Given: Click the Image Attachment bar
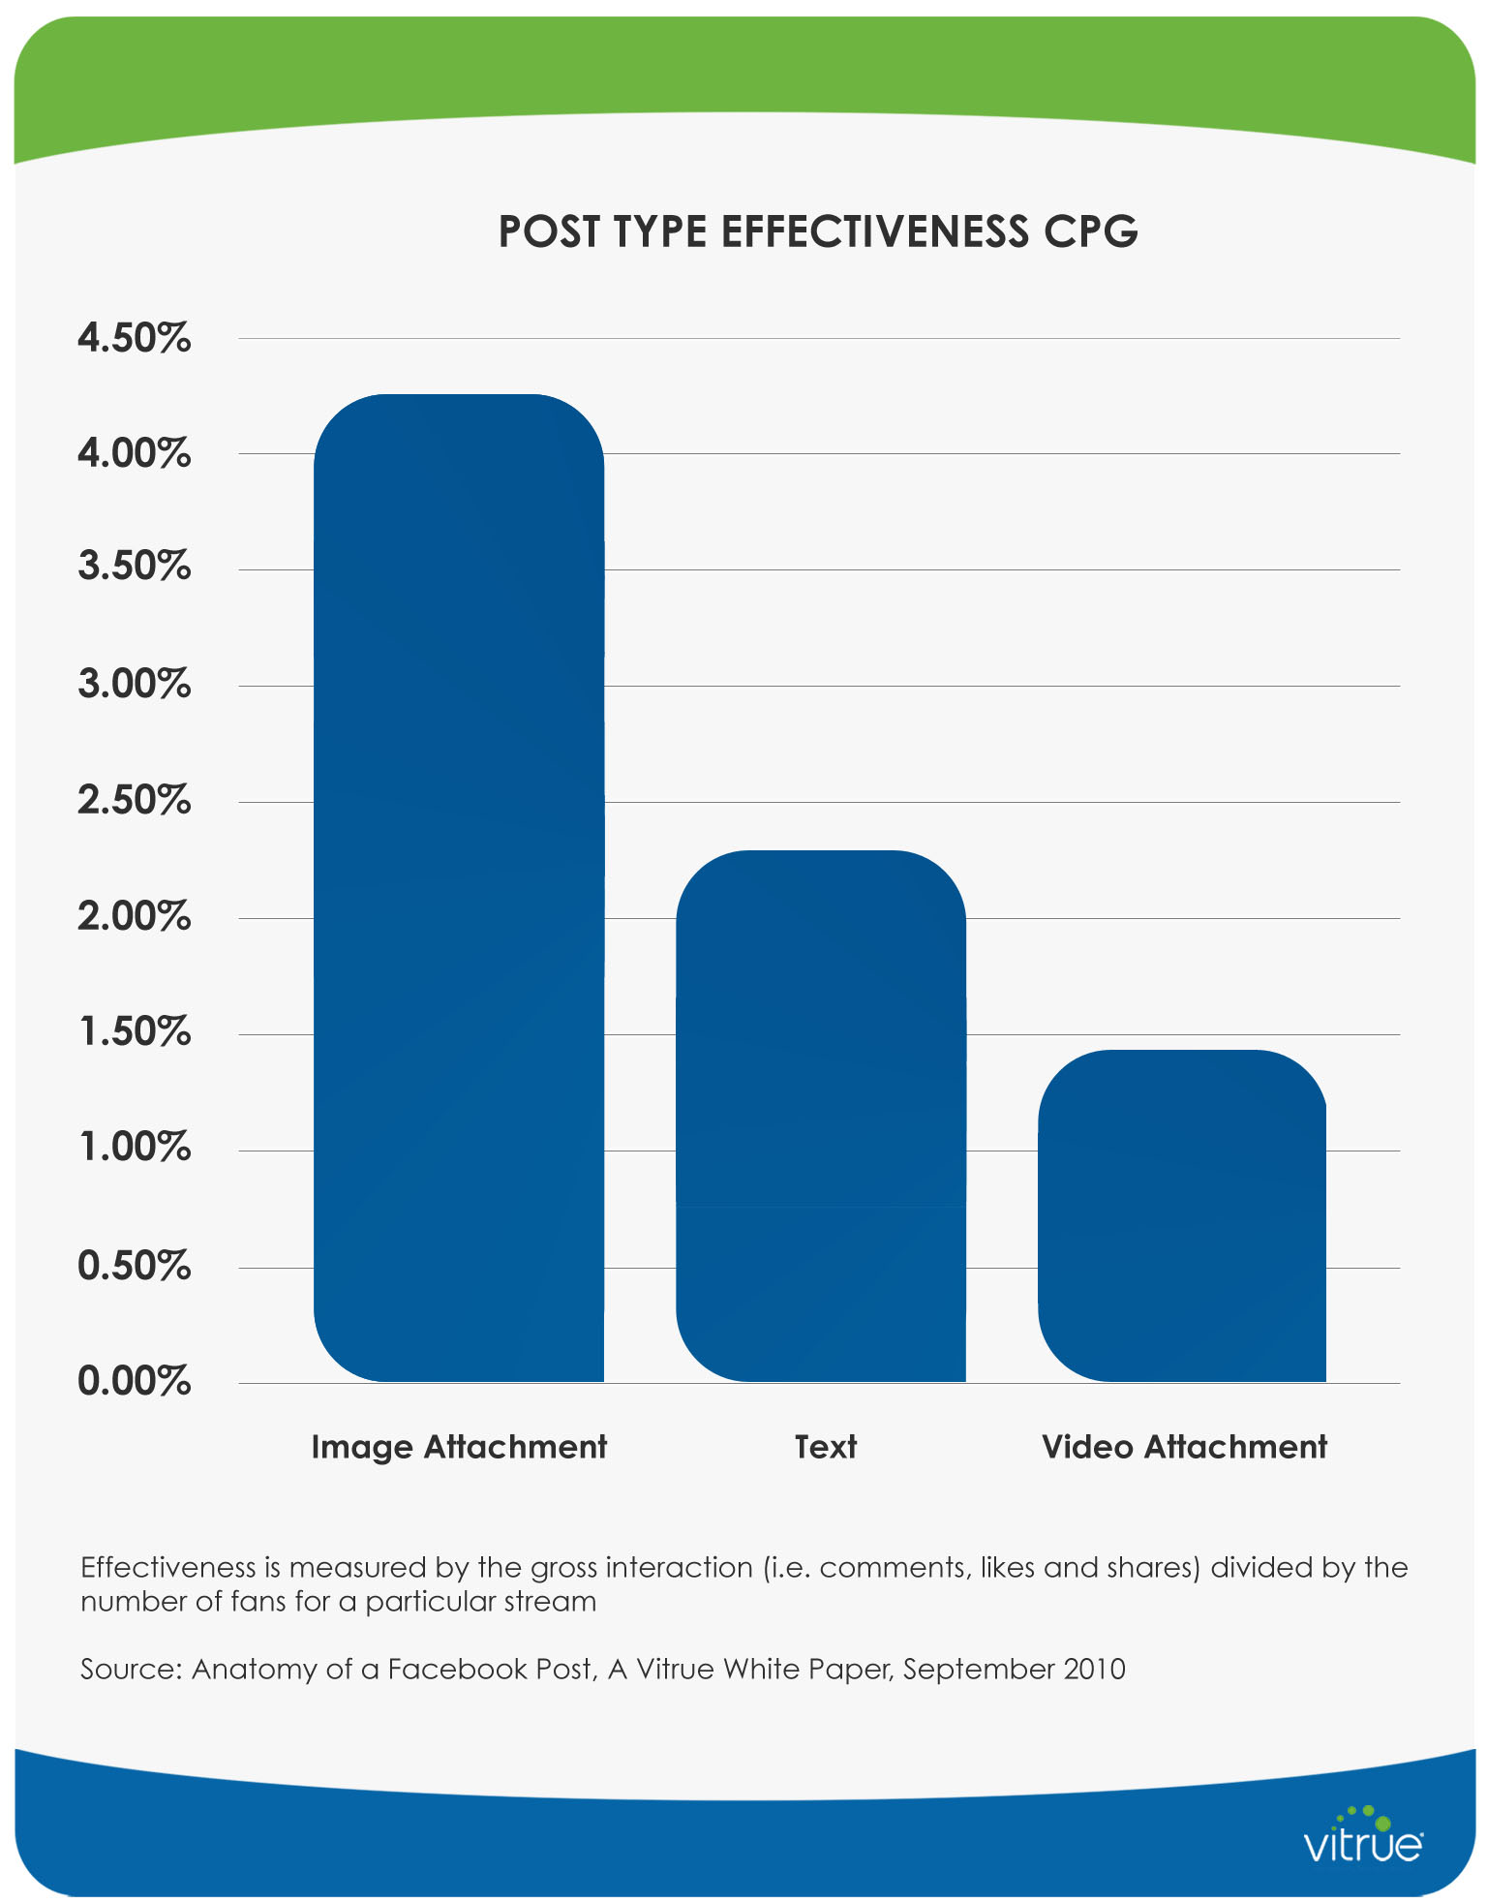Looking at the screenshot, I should pyautogui.click(x=459, y=887).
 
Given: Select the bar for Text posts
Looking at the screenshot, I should pyautogui.click(x=821, y=1116).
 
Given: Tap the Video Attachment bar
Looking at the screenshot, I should pyautogui.click(x=1182, y=1215).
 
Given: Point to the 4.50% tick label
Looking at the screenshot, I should pyautogui.click(x=135, y=339).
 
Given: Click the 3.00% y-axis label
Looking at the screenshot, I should pyautogui.click(x=135, y=685).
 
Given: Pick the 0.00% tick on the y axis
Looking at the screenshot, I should pyautogui.click(x=135, y=1381).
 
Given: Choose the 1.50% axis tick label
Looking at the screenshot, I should pyautogui.click(x=135, y=1032).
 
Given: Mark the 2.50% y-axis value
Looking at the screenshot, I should pyautogui.click(x=135, y=801).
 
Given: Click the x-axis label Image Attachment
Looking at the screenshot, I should pyautogui.click(x=459, y=1447).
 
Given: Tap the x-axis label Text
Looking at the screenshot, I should pyautogui.click(x=825, y=1447).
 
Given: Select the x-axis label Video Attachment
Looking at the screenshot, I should pyautogui.click(x=1184, y=1447).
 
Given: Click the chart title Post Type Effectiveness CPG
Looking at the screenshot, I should pyautogui.click(x=818, y=231).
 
